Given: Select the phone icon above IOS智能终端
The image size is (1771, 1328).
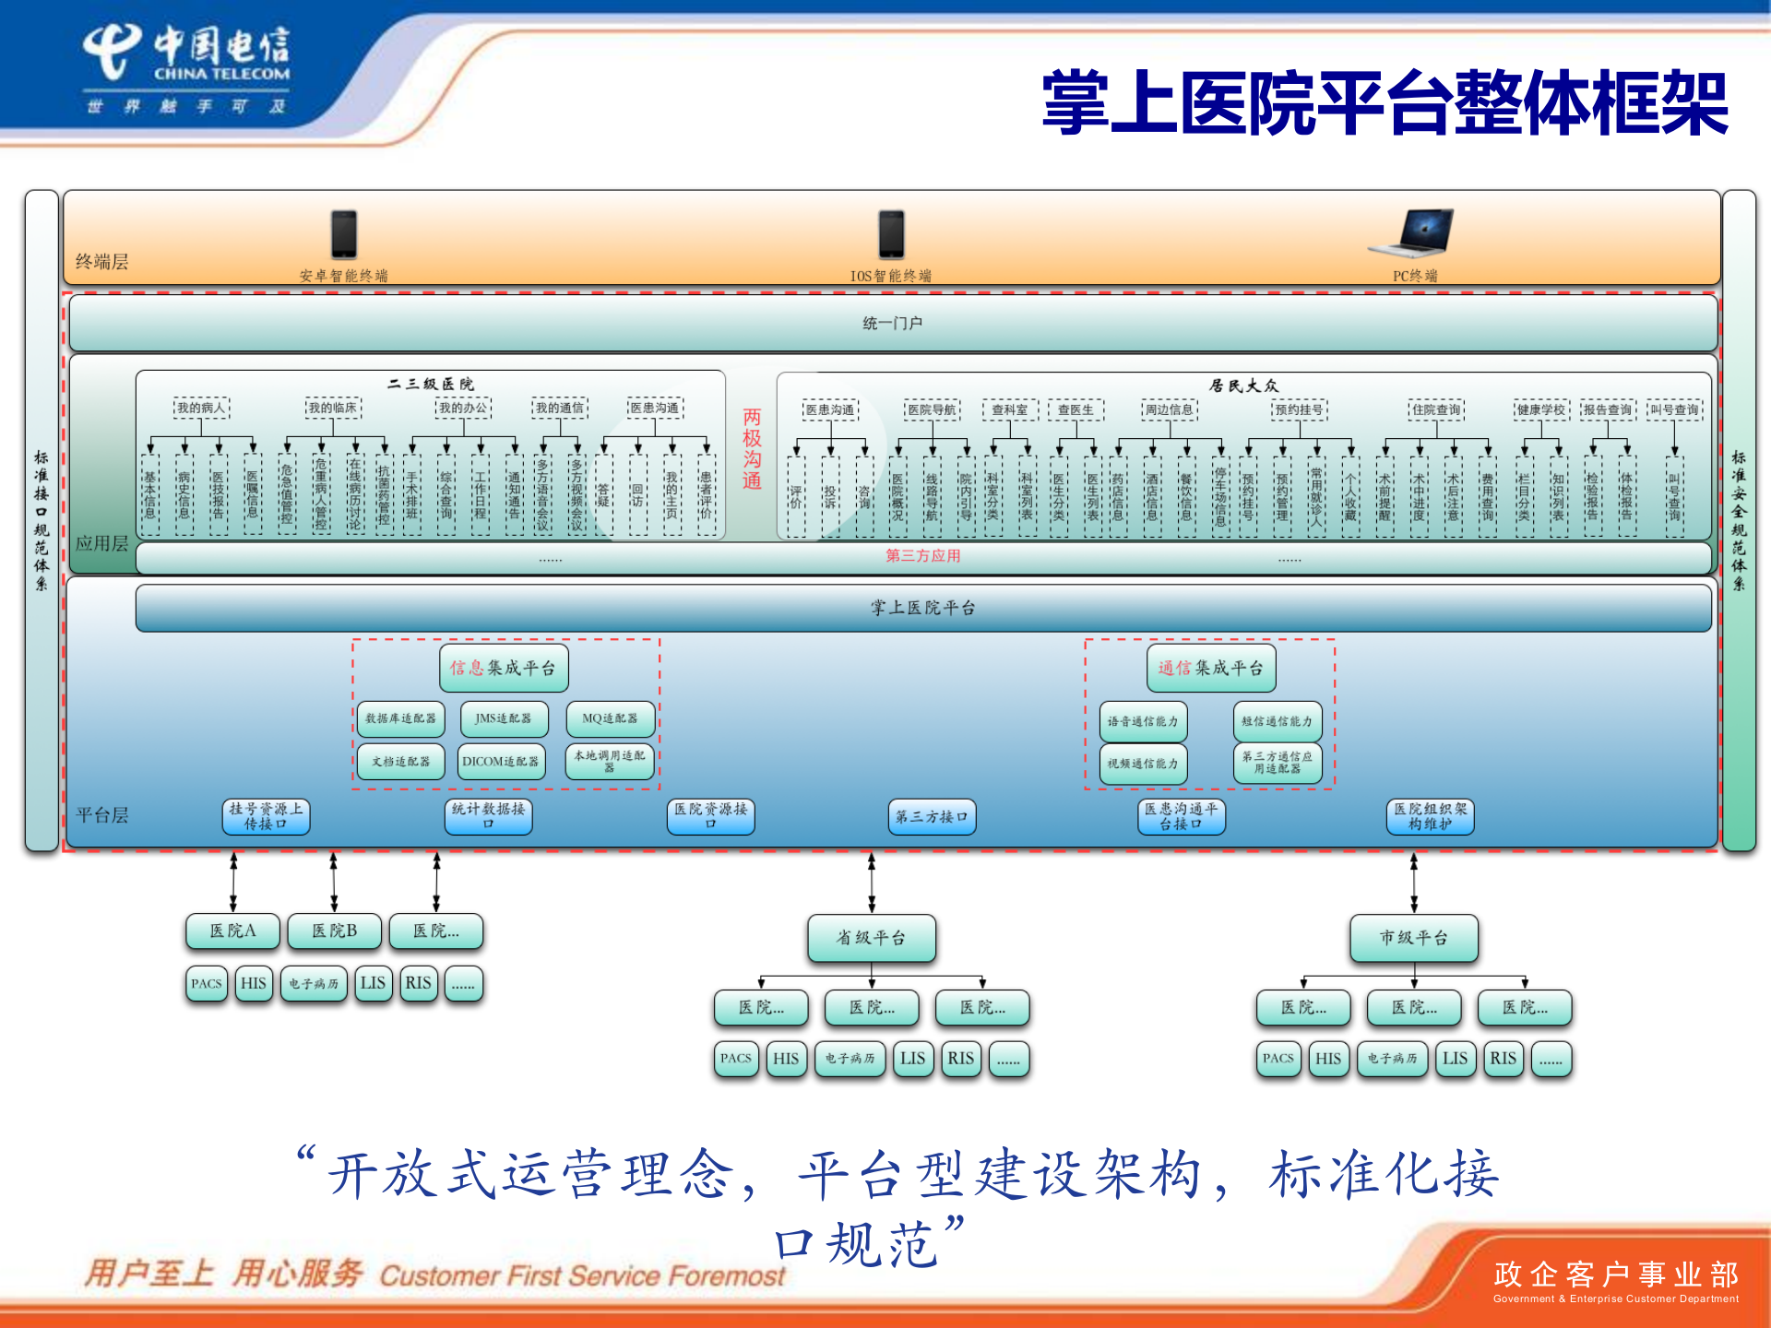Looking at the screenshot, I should click(891, 234).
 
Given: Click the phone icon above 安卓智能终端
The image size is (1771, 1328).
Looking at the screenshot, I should click(344, 234).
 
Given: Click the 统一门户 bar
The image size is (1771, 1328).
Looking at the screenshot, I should click(892, 323).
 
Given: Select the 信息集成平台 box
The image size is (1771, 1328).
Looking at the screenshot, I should click(504, 668).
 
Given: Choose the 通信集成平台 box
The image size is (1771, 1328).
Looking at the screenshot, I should click(1211, 668).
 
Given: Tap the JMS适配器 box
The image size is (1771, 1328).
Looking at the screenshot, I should click(504, 718).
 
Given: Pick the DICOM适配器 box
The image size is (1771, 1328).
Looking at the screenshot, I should click(502, 762).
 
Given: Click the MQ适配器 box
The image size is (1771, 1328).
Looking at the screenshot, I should click(610, 718).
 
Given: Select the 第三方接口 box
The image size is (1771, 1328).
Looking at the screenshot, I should click(933, 817).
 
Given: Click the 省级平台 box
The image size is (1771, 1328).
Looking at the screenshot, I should click(872, 938).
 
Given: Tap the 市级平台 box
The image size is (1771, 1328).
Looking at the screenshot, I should click(1414, 938).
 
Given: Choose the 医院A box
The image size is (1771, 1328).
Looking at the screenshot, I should click(232, 931).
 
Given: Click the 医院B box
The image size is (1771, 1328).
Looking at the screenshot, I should click(334, 931).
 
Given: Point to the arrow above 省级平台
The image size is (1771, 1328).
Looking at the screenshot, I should click(872, 882).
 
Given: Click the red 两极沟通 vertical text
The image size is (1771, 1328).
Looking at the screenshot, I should click(753, 449).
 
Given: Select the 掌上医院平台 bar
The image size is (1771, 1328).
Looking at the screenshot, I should click(923, 608).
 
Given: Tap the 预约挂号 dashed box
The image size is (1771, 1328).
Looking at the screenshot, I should click(1299, 409).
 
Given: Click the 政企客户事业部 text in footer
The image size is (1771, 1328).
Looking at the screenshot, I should click(1616, 1275).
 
